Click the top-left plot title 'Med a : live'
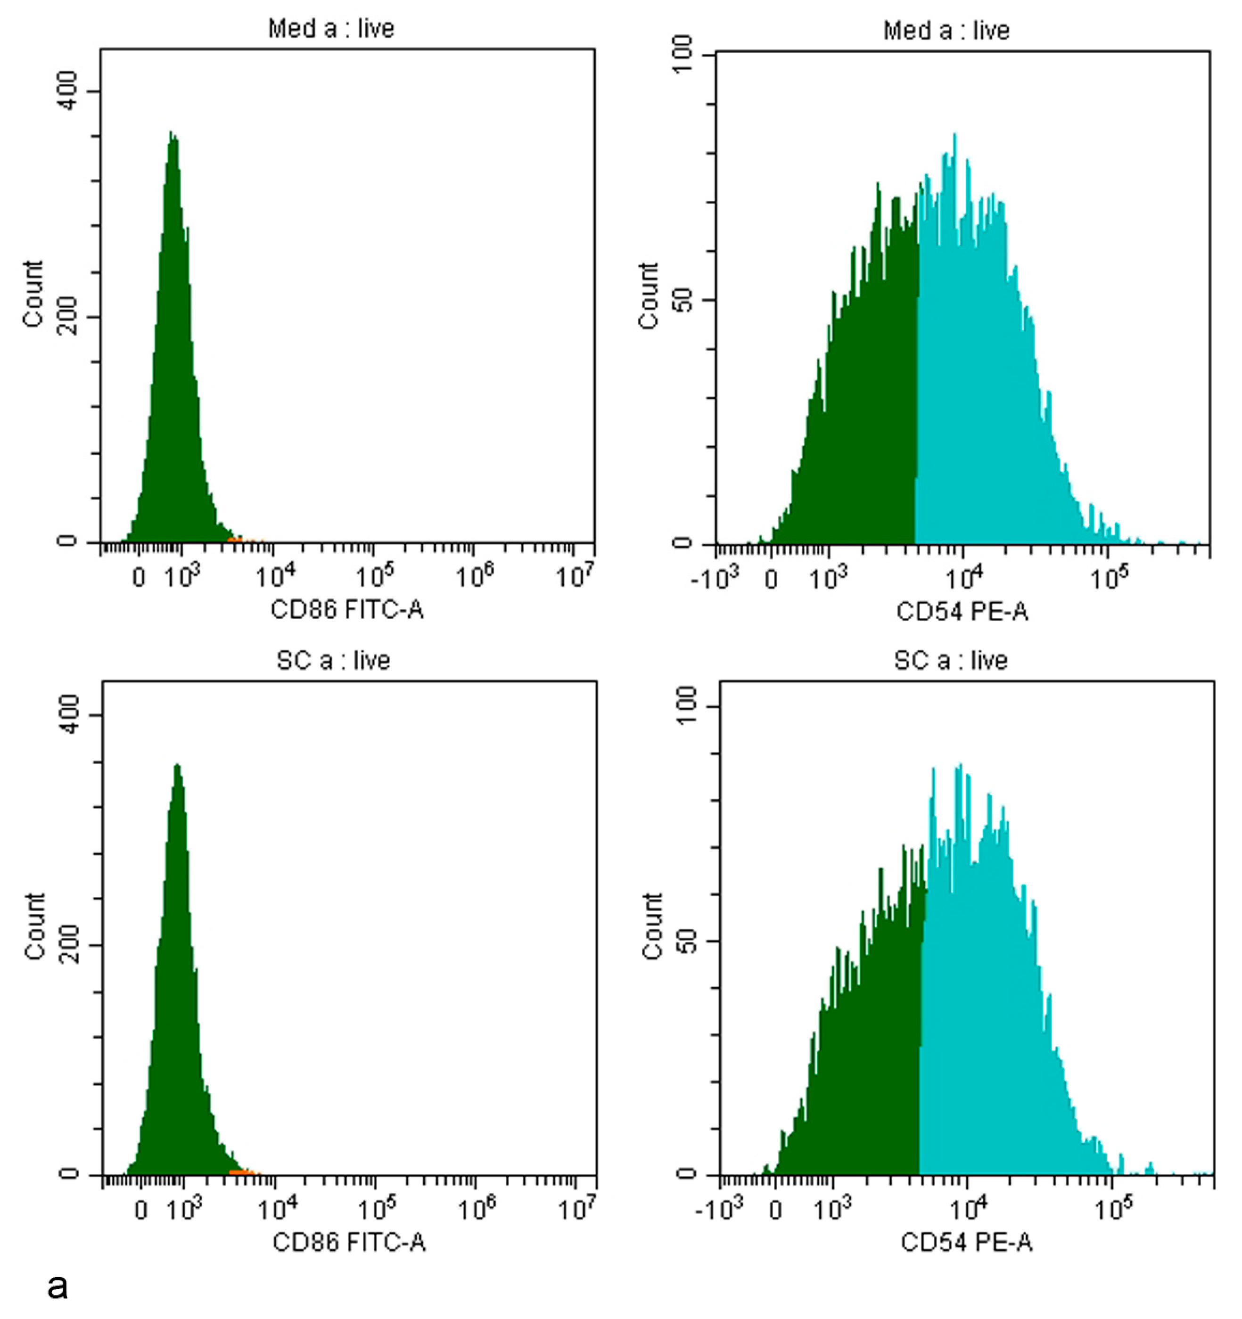pos(330,29)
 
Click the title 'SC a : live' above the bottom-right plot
pos(950,660)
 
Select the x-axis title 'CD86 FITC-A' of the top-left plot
pos(346,609)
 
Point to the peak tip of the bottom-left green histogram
pos(176,766)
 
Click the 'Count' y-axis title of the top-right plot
pos(648,295)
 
